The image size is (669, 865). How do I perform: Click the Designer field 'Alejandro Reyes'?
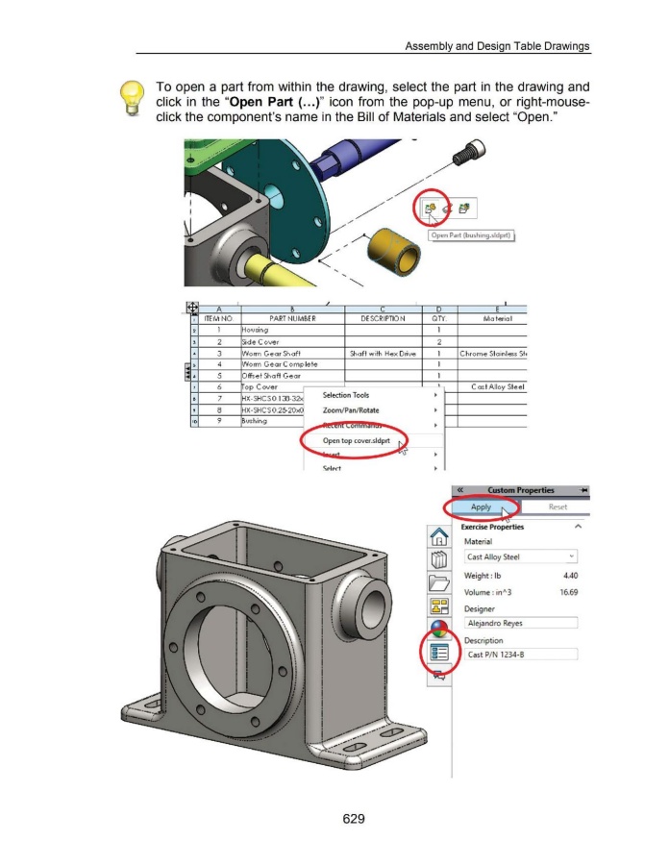pyautogui.click(x=521, y=623)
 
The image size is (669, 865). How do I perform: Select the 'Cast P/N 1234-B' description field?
pyautogui.click(x=521, y=655)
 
